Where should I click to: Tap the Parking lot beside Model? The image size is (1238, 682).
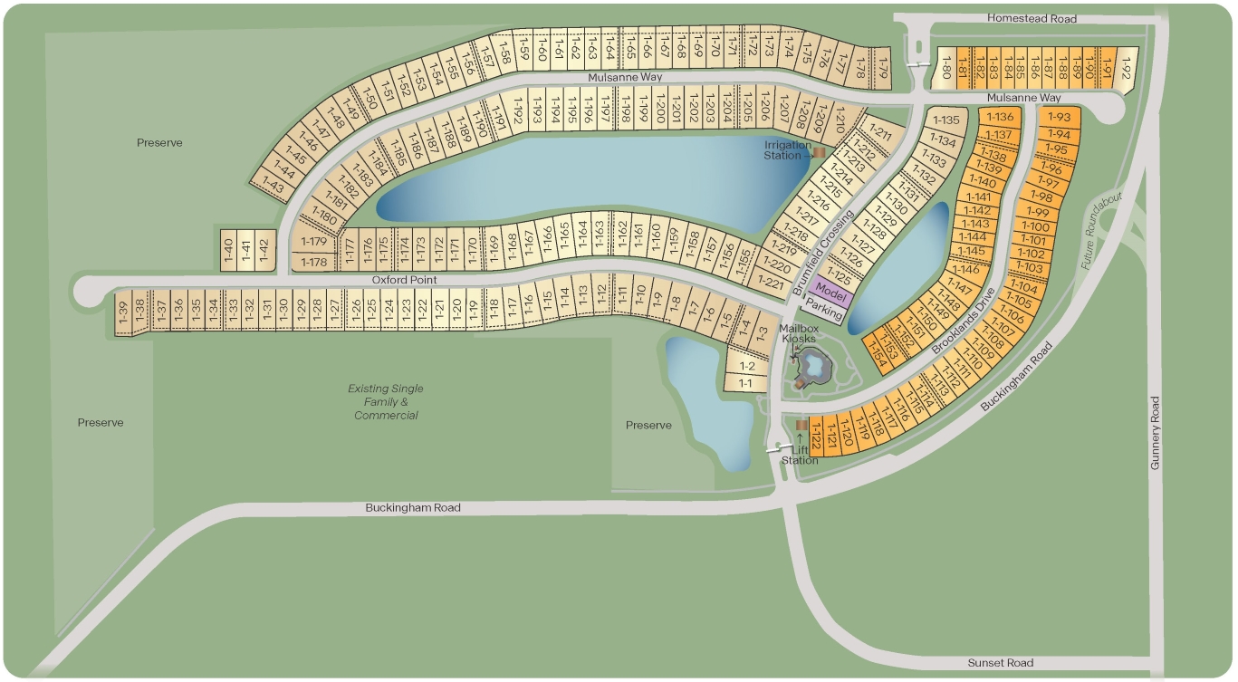(824, 310)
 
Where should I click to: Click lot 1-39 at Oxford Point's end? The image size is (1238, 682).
(123, 312)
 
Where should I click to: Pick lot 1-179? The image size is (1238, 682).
(314, 242)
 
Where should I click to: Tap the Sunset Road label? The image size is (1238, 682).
(999, 663)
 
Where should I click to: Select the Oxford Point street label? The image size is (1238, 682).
(405, 280)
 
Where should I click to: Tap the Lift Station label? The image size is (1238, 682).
(800, 455)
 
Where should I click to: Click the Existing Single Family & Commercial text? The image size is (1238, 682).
(386, 401)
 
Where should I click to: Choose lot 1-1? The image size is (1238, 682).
(745, 383)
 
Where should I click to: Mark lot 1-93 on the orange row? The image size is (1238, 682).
(1059, 117)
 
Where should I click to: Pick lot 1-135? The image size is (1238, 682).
(945, 120)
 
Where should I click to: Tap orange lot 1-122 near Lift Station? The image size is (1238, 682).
(816, 438)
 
